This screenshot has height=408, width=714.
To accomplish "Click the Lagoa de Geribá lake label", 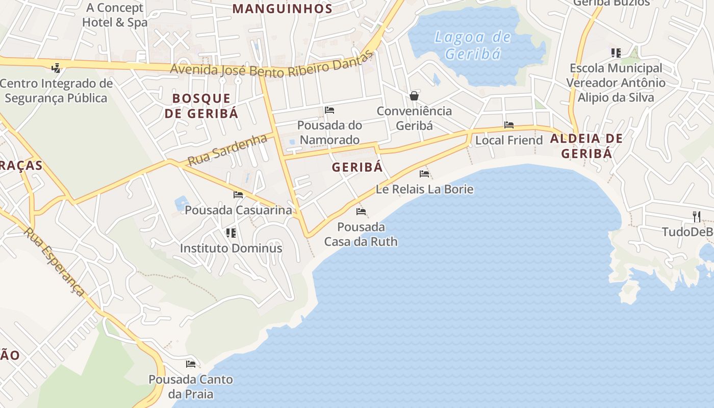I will [x=472, y=45].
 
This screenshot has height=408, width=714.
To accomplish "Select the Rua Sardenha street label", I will [x=227, y=149].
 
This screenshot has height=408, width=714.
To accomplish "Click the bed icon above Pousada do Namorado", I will [x=329, y=110].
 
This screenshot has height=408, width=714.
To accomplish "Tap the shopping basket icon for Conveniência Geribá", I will [x=414, y=96].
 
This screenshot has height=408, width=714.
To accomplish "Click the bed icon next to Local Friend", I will [x=508, y=125].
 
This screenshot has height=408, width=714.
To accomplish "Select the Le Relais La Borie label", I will [x=424, y=189].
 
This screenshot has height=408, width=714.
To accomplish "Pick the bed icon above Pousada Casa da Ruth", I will [x=361, y=212].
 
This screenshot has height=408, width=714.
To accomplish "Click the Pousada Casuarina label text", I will [x=238, y=210].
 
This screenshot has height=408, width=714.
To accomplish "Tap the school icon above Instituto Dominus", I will [x=231, y=233].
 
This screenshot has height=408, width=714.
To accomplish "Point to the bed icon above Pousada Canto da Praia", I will [x=191, y=364].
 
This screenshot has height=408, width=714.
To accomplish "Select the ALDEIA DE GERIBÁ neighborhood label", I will [x=586, y=146].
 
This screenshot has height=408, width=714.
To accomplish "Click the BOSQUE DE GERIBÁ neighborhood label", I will [x=201, y=106].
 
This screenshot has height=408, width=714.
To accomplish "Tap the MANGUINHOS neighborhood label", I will [x=283, y=9].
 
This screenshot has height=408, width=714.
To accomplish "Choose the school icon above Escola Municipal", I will [x=616, y=53].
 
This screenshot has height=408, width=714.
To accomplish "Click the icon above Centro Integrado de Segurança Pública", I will [x=56, y=68].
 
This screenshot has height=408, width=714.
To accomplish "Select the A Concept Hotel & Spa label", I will [x=115, y=15].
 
